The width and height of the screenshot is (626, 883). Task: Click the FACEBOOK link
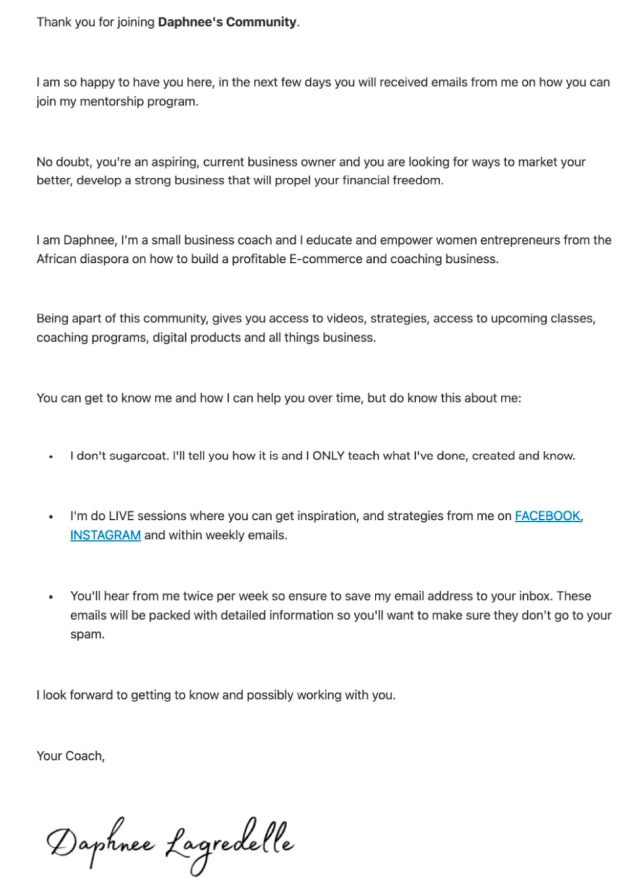click(x=547, y=516)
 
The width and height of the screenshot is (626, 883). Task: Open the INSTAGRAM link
click(x=105, y=535)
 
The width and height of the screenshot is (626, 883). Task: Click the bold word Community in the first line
click(x=261, y=22)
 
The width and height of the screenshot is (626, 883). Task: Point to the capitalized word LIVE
click(x=121, y=516)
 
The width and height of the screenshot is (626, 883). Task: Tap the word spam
click(x=87, y=634)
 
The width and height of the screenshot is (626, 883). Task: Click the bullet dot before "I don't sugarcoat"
click(x=51, y=457)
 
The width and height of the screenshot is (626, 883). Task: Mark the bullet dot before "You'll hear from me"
click(x=51, y=597)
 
